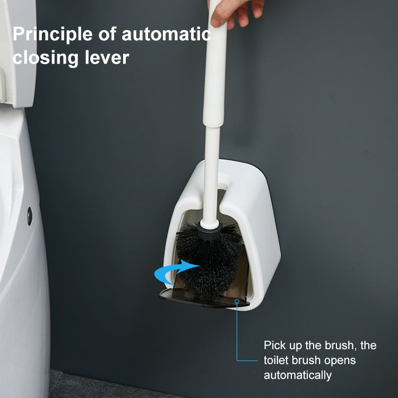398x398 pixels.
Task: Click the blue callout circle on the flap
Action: [236, 301]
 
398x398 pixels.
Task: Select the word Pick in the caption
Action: [275, 345]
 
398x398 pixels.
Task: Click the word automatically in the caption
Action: [297, 375]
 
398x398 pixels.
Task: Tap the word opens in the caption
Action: [338, 360]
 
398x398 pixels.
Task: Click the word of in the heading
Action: [109, 35]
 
